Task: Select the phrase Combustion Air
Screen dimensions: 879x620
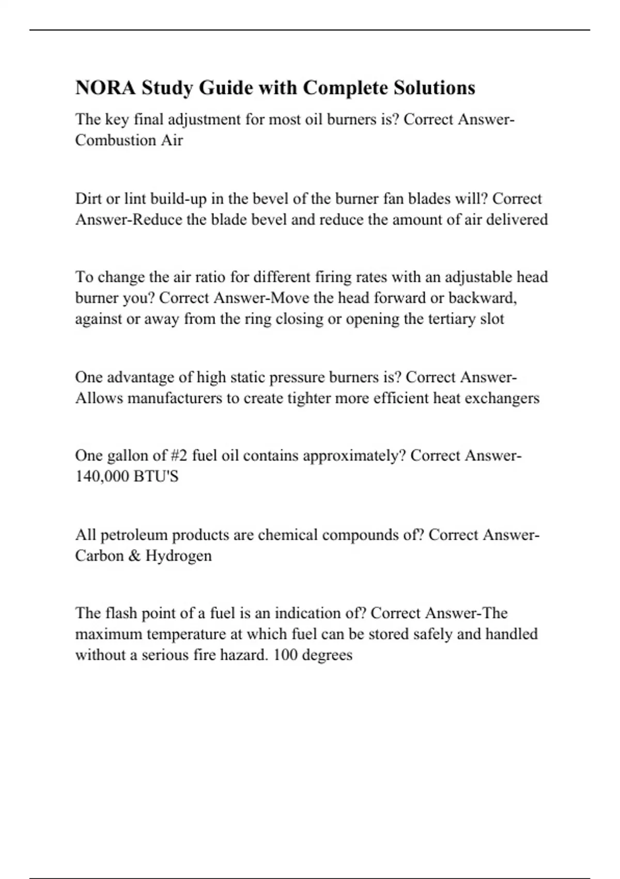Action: tap(129, 140)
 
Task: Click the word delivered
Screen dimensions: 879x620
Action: tap(517, 220)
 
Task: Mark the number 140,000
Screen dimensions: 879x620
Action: tap(102, 477)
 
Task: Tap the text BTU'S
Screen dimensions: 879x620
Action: tap(156, 477)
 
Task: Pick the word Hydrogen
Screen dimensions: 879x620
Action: tap(178, 556)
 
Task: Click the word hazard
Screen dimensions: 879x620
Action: tap(244, 655)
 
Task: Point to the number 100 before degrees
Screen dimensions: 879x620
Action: tap(285, 655)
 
